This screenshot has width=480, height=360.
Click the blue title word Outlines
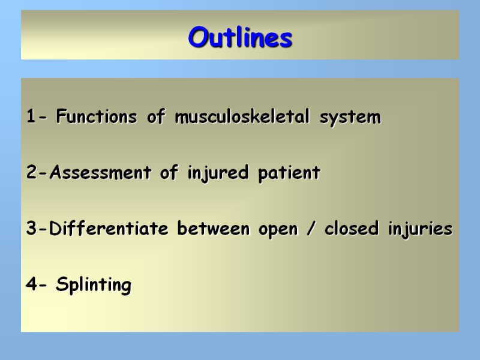[241, 37]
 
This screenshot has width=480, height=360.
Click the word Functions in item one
[97, 116]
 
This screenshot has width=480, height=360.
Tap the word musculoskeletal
[242, 116]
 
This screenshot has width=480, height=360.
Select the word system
[350, 118]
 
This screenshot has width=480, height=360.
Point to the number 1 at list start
[31, 116]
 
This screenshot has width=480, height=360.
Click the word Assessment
[100, 172]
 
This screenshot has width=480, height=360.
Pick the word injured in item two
[218, 173]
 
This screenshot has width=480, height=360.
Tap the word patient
[289, 173]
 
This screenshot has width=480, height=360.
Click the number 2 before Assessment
[32, 172]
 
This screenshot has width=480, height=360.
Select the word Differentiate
[109, 229]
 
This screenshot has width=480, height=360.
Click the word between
[214, 229]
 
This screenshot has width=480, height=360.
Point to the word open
[278, 230]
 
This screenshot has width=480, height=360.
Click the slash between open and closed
[311, 229]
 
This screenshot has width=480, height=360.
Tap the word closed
[352, 229]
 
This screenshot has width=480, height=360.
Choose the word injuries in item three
[421, 230]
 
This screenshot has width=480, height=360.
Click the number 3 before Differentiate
[32, 229]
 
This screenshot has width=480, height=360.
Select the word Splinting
[94, 285]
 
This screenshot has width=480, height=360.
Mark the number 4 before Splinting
[32, 284]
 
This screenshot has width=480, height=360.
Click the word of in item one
[156, 116]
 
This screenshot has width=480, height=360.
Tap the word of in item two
[169, 172]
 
